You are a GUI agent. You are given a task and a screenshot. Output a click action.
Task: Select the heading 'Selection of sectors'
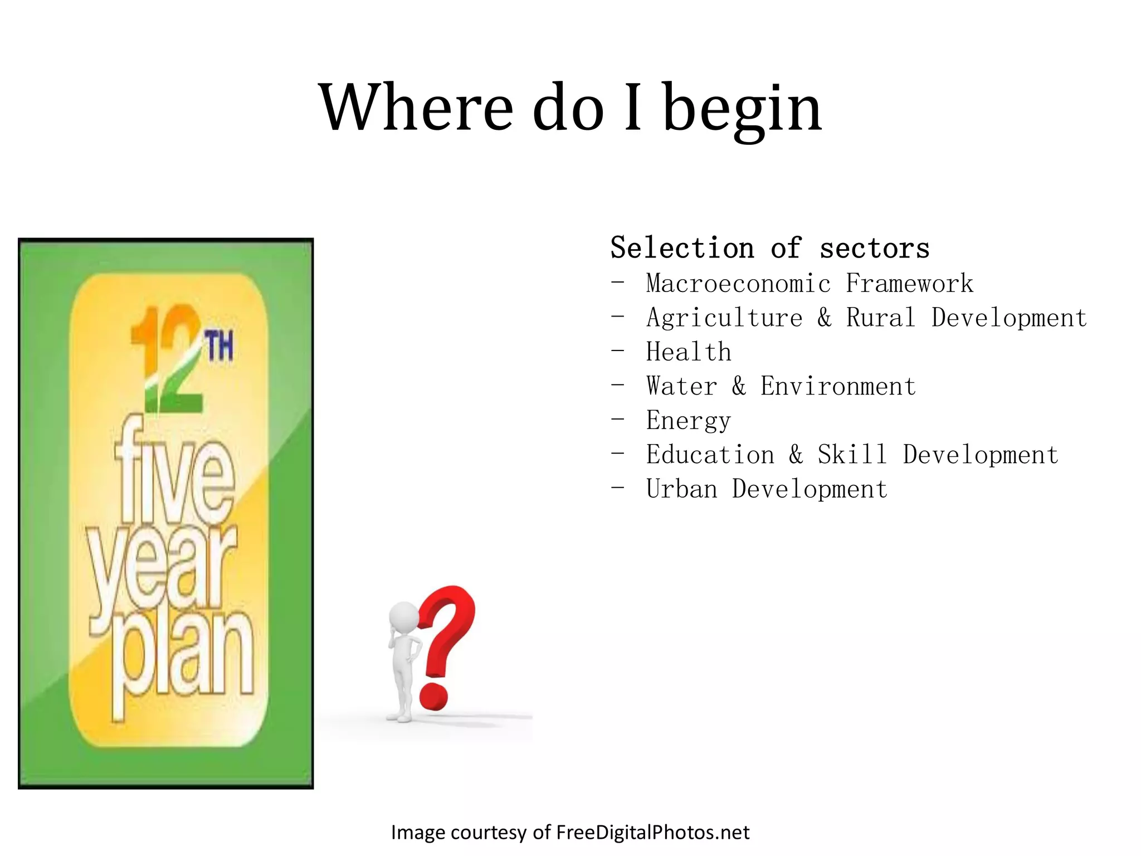pos(770,248)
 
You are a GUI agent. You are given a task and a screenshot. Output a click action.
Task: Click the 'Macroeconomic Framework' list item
pos(810,284)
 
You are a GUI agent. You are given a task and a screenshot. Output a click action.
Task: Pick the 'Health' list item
pos(689,352)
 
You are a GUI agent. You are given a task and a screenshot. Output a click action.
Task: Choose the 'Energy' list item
pos(689,421)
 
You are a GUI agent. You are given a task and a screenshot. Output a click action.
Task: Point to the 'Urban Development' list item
pos(767,489)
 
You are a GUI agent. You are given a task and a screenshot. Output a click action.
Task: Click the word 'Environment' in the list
pos(838,386)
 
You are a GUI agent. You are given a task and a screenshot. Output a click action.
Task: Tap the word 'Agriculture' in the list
pos(724,318)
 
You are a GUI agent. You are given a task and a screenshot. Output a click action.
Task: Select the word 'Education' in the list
pos(710,455)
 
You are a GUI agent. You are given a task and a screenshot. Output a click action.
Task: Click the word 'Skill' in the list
pos(852,455)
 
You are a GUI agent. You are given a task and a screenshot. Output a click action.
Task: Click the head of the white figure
pos(403,617)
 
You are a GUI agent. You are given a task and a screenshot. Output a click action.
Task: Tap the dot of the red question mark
pos(433,697)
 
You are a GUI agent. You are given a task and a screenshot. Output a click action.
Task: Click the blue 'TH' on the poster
pos(220,346)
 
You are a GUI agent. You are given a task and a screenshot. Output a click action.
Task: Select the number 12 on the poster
pos(167,359)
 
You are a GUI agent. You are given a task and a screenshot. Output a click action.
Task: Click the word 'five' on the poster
pos(174,474)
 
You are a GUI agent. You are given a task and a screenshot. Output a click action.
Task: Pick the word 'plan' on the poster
pos(182,658)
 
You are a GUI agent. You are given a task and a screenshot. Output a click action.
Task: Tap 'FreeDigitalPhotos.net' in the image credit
pos(653,832)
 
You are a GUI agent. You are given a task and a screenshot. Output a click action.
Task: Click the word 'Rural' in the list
pos(881,318)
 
